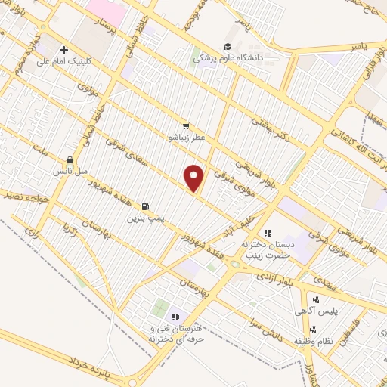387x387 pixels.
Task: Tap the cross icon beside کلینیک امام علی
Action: pyautogui.click(x=63, y=51)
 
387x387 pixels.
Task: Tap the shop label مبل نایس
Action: pyautogui.click(x=70, y=172)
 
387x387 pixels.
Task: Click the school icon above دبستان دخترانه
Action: pyautogui.click(x=267, y=233)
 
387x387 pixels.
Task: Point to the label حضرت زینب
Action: pyautogui.click(x=267, y=256)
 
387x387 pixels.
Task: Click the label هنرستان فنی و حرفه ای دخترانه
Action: pyautogui.click(x=175, y=334)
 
